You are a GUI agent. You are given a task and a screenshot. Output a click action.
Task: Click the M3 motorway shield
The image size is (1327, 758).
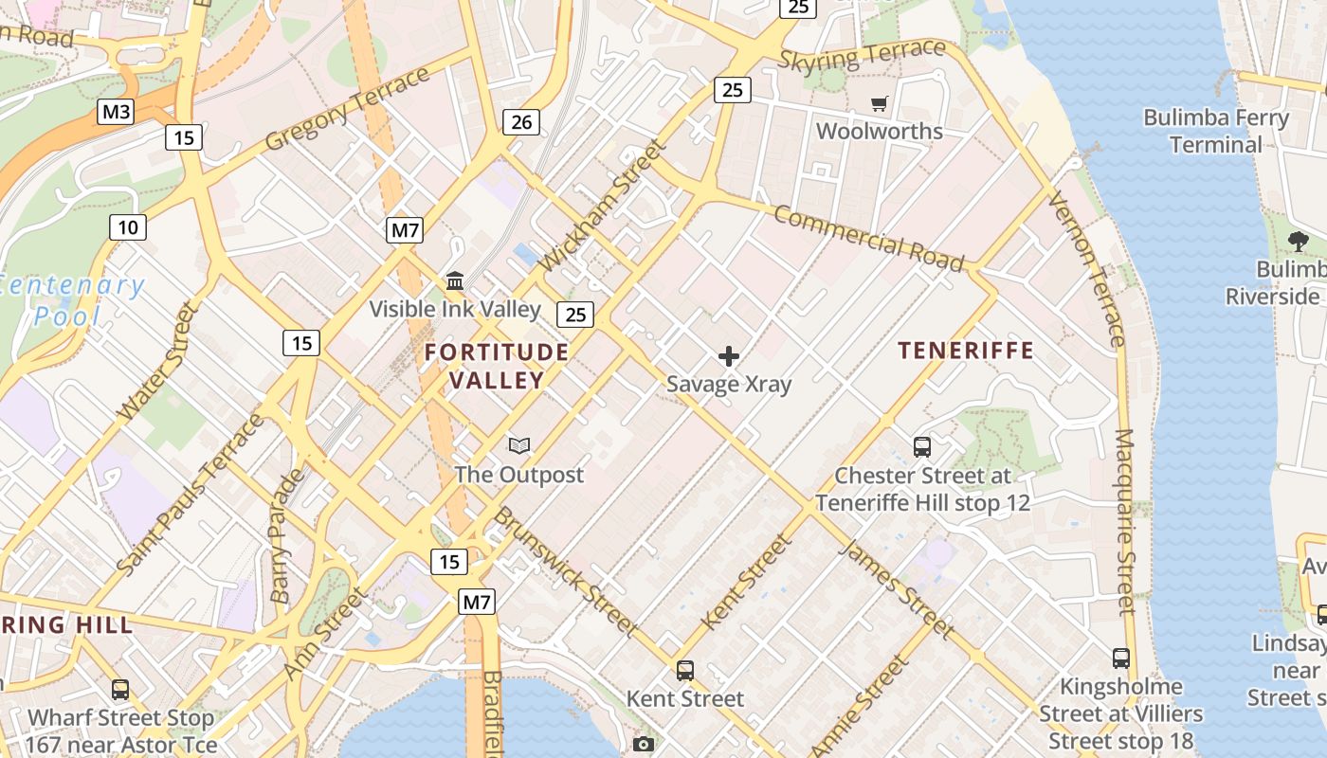tap(116, 112)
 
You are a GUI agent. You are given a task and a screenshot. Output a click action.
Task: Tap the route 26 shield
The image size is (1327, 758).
tap(520, 121)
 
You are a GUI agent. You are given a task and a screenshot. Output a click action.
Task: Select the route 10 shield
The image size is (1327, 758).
tap(128, 226)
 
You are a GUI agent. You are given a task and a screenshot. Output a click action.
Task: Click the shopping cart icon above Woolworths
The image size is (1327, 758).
tap(880, 103)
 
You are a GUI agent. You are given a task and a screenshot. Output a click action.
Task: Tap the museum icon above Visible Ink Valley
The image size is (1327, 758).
tap(455, 281)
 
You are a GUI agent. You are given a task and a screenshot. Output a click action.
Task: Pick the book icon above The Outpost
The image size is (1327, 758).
tap(518, 445)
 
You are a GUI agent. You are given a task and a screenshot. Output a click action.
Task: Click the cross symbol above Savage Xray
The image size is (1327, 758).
tap(729, 356)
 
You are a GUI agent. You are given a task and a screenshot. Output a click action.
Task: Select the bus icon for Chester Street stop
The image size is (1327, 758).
tap(921, 447)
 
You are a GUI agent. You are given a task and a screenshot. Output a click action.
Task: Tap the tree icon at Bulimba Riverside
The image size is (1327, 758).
tap(1298, 242)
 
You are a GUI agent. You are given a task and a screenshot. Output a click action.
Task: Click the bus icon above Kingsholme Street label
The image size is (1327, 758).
tap(1120, 658)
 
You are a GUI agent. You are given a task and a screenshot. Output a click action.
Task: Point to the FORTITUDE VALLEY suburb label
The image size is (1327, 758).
tap(497, 366)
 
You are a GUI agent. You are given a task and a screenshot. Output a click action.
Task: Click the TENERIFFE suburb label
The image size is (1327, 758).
tap(966, 351)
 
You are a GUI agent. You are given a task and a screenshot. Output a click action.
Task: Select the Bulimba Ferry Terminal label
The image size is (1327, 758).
tap(1215, 132)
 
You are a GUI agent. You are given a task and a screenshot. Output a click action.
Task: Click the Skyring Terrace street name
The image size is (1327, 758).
tap(862, 56)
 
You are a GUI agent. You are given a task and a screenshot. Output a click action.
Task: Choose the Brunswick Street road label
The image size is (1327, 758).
tap(565, 570)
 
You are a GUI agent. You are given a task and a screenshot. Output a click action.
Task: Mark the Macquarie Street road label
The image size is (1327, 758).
tap(1125, 521)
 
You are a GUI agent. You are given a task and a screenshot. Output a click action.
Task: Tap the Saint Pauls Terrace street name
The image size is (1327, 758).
tap(190, 493)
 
